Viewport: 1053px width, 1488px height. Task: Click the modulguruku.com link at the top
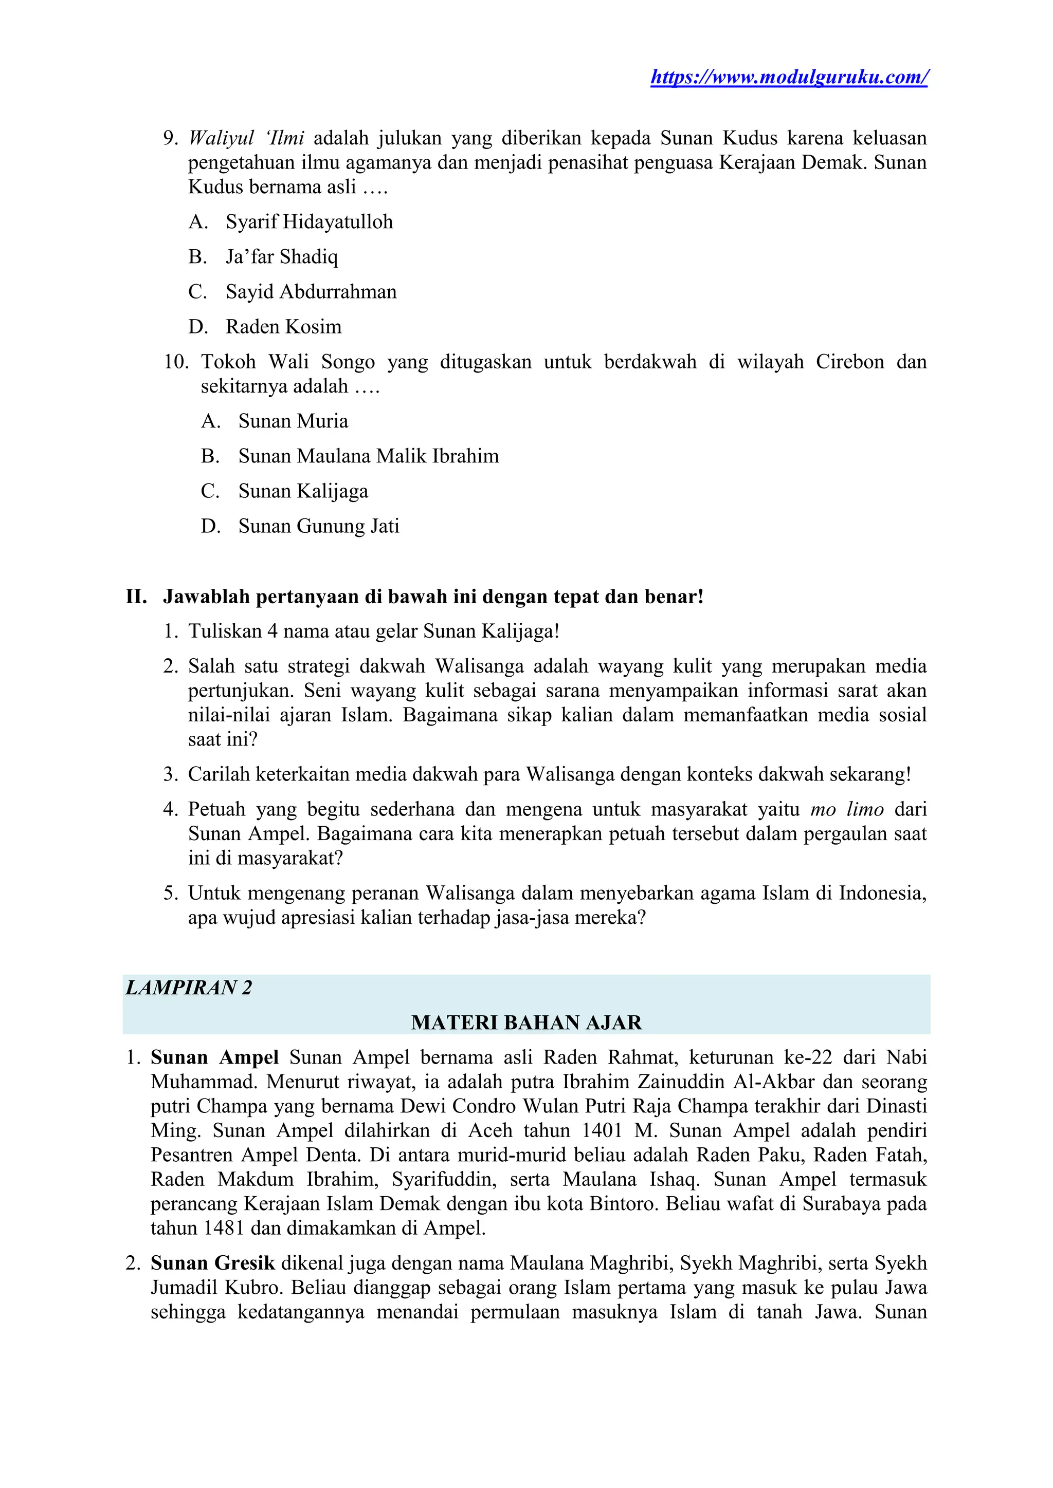[788, 77]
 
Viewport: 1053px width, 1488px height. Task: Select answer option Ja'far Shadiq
[281, 257]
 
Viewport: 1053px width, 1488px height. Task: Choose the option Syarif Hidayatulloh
[308, 222]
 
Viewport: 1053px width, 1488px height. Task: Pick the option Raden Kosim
[283, 327]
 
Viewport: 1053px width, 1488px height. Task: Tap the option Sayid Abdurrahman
[311, 292]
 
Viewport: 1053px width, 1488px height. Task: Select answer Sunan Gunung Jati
[318, 526]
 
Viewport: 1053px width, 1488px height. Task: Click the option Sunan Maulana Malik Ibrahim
[368, 456]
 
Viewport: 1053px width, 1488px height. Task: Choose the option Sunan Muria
[293, 421]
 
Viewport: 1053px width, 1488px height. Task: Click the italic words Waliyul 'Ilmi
[246, 138]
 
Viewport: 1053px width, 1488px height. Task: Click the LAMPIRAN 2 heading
[189, 988]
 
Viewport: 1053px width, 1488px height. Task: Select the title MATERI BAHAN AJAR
[526, 1022]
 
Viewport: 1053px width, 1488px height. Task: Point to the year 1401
[603, 1130]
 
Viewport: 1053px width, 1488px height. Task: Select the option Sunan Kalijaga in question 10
[303, 491]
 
